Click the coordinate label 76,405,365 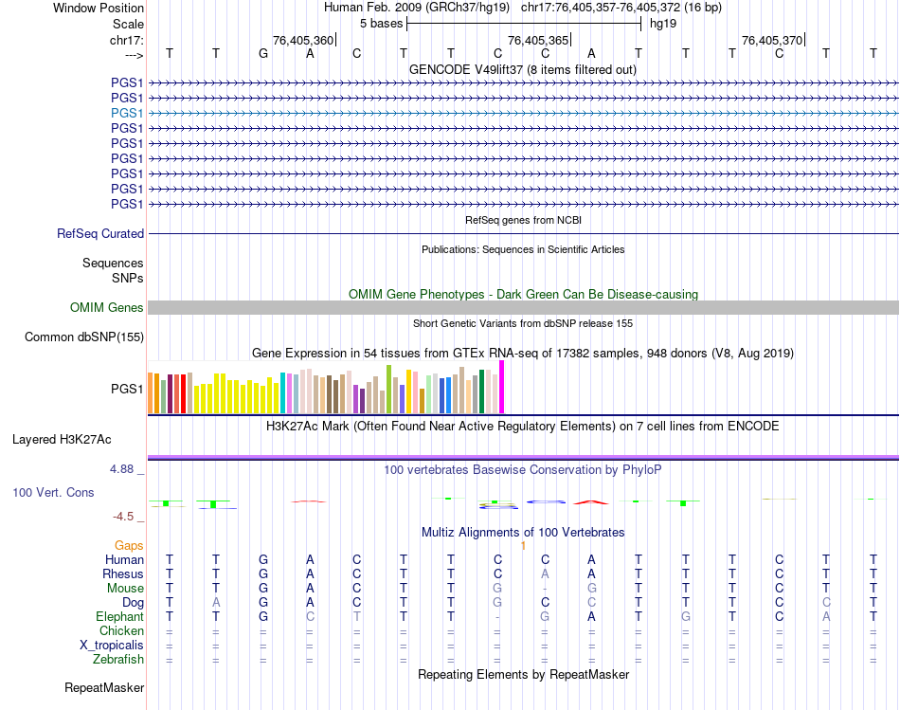pos(538,40)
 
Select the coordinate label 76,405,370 pos(772,40)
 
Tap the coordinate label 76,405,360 pos(303,40)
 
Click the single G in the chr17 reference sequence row pos(263,53)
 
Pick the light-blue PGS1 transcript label pos(127,113)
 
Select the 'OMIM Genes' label pos(107,307)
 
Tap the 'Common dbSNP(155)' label pos(84,337)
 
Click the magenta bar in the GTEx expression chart pos(501,388)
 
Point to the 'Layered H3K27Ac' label pos(62,439)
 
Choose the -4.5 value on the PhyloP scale pos(125,516)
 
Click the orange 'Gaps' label pos(129,545)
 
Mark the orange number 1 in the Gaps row pos(523,545)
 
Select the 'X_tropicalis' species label pos(112,645)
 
